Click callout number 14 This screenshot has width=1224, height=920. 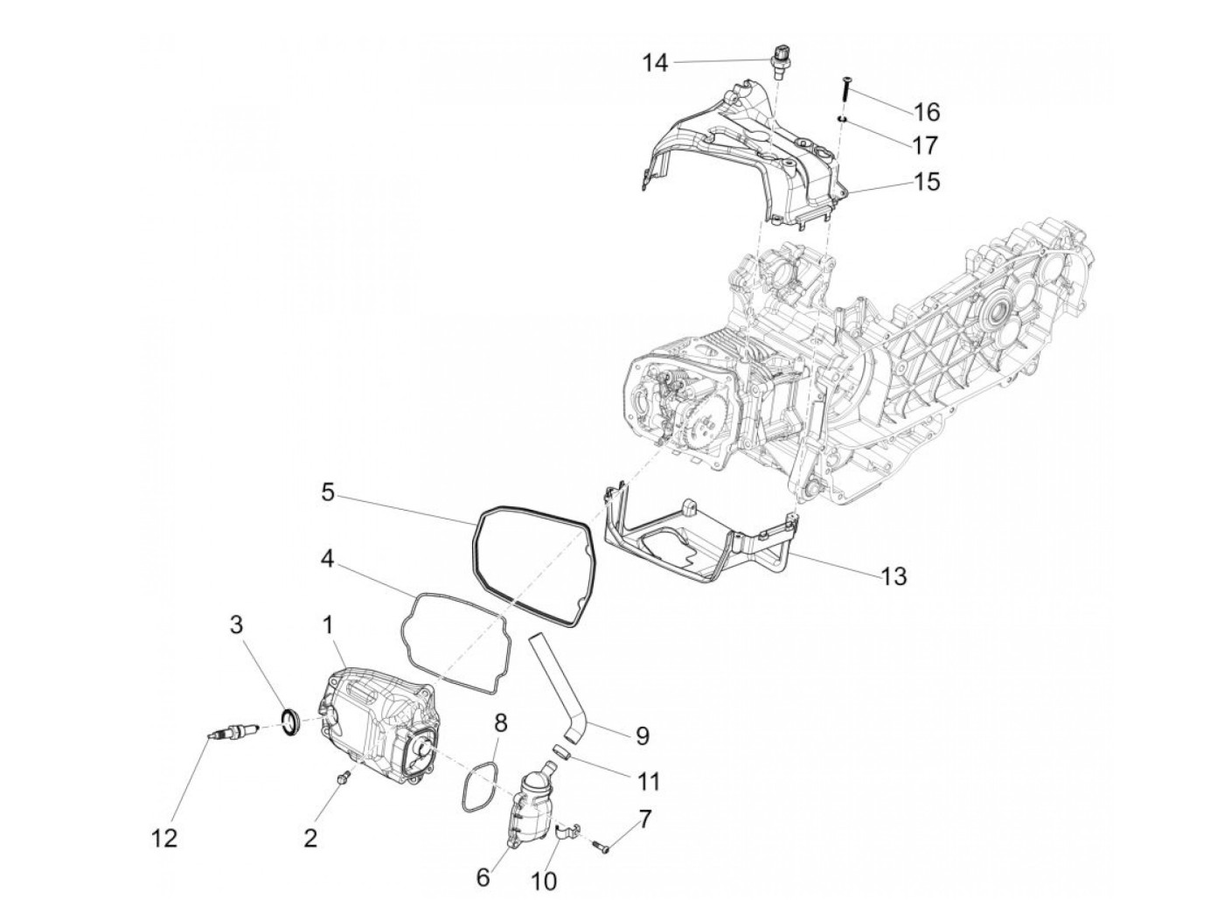click(656, 62)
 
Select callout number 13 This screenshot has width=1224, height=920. click(894, 576)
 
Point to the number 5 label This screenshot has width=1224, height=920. click(327, 492)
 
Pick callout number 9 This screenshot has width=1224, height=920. click(642, 735)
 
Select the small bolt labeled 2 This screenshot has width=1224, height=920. click(344, 776)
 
